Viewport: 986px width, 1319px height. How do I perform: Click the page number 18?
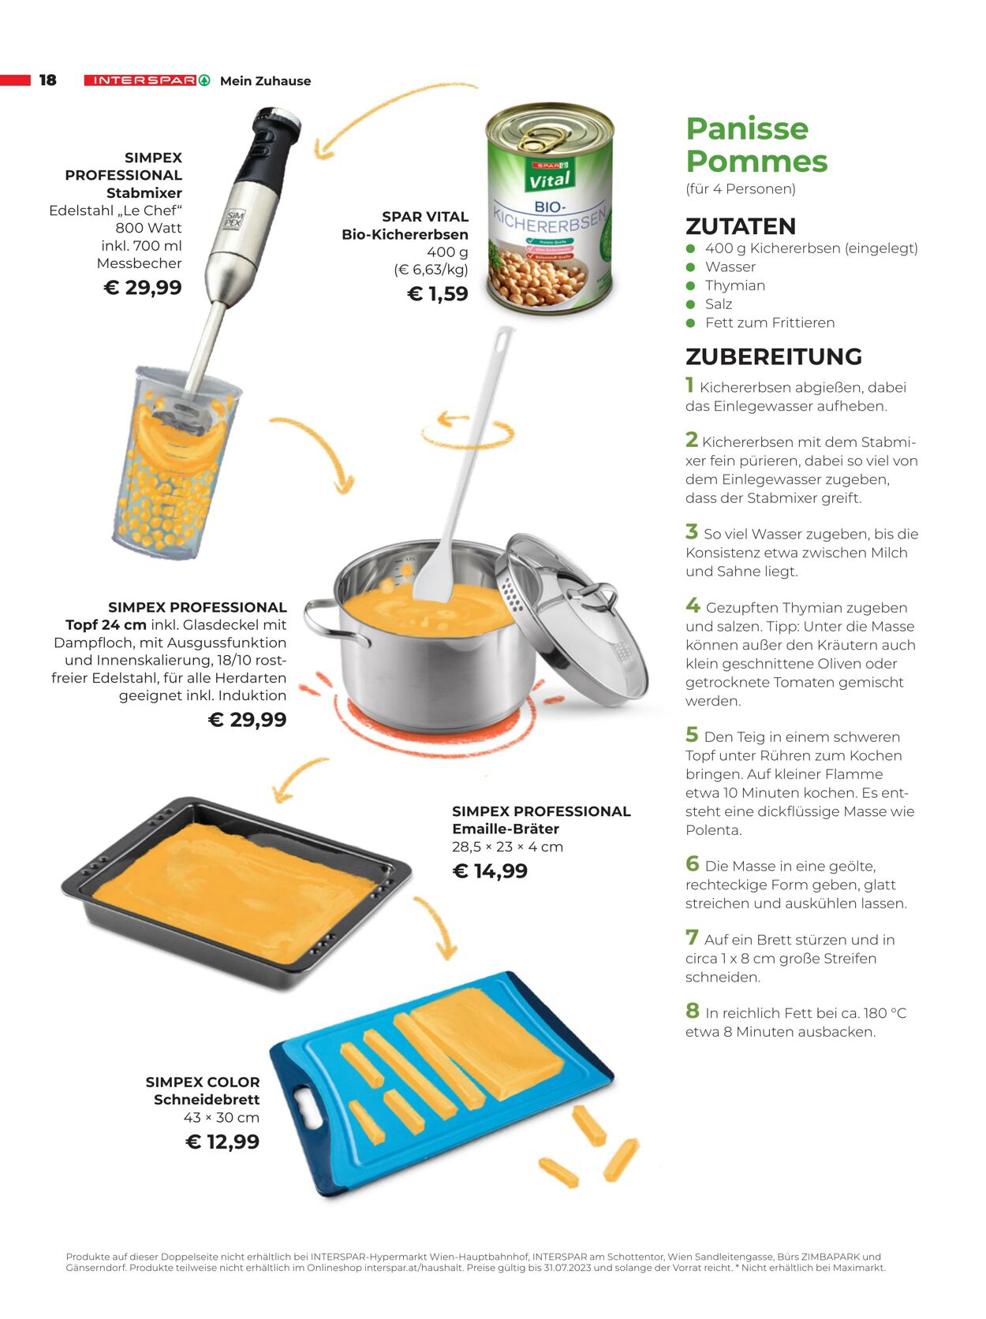47,80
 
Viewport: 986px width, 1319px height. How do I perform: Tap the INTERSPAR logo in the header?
148,80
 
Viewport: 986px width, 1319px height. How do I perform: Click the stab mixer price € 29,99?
143,287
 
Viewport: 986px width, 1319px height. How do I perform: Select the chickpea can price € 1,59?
438,293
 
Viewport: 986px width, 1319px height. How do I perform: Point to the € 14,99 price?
490,870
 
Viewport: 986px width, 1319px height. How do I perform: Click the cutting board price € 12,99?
222,1141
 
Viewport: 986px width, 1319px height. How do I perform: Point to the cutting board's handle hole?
308,1106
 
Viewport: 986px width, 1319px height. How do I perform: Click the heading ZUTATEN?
741,226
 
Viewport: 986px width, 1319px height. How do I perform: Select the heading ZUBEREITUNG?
774,356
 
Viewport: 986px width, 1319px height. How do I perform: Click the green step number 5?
692,734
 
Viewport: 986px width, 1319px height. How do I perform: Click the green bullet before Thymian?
691,285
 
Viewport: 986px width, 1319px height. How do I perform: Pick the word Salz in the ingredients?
719,304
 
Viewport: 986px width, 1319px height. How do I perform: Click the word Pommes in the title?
757,161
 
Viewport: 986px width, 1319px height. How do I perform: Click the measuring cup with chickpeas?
176,463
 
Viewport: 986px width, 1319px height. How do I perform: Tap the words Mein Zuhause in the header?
266,80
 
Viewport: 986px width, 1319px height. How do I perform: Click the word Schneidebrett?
207,1099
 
